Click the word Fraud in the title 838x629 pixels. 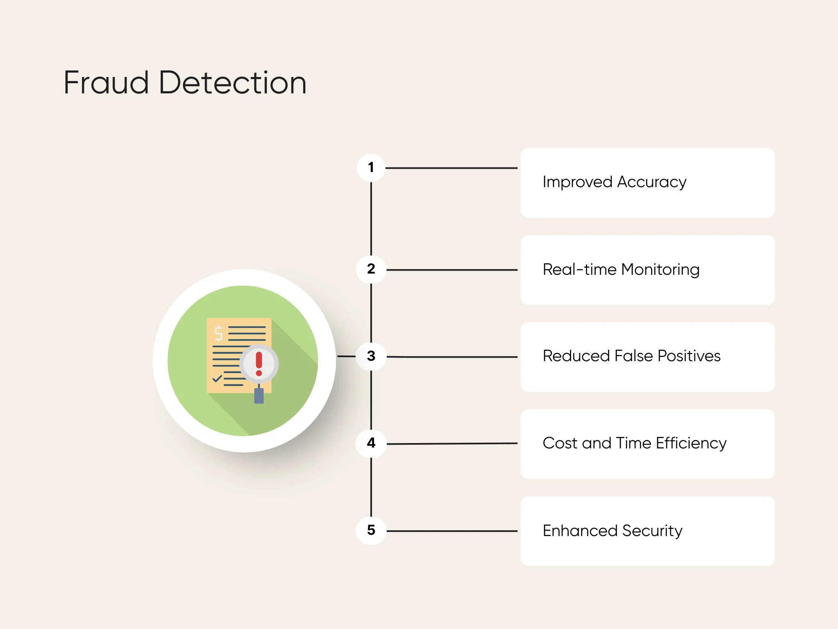click(x=106, y=83)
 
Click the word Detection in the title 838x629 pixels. click(x=232, y=83)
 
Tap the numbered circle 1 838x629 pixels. click(x=371, y=167)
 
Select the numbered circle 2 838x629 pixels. click(x=371, y=269)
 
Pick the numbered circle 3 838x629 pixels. click(x=371, y=356)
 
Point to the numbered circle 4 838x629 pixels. click(x=371, y=443)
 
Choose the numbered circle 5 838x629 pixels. click(x=371, y=530)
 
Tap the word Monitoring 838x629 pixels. click(x=660, y=269)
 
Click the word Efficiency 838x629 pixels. click(x=691, y=443)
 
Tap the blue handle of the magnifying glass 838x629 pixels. click(x=259, y=396)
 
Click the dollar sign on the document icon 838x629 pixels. click(x=219, y=333)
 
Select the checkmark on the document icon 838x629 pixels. click(x=217, y=378)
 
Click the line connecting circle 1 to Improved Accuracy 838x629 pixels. click(x=450, y=168)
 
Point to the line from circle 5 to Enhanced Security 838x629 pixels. click(x=450, y=531)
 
